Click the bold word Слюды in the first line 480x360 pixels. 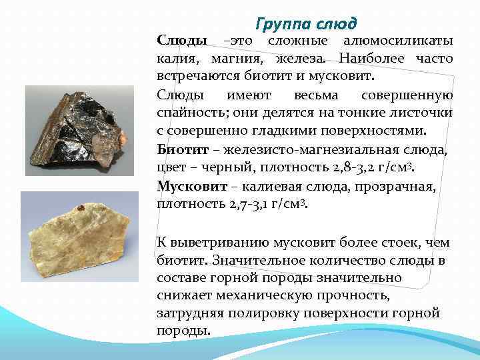[181, 41]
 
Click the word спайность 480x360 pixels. [190, 113]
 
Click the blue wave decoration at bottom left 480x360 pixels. [40, 333]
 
